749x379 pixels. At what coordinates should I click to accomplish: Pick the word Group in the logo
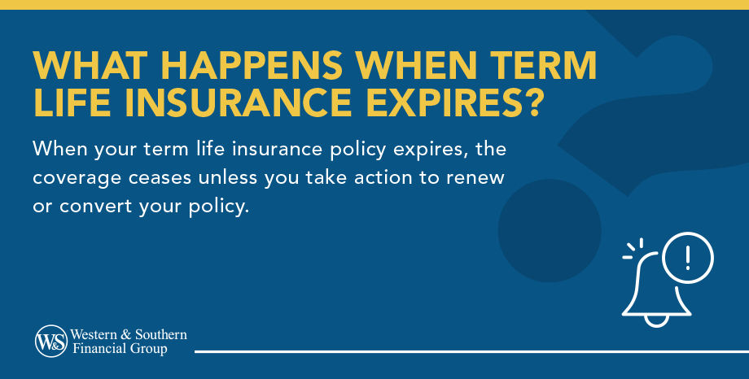tap(151, 350)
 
